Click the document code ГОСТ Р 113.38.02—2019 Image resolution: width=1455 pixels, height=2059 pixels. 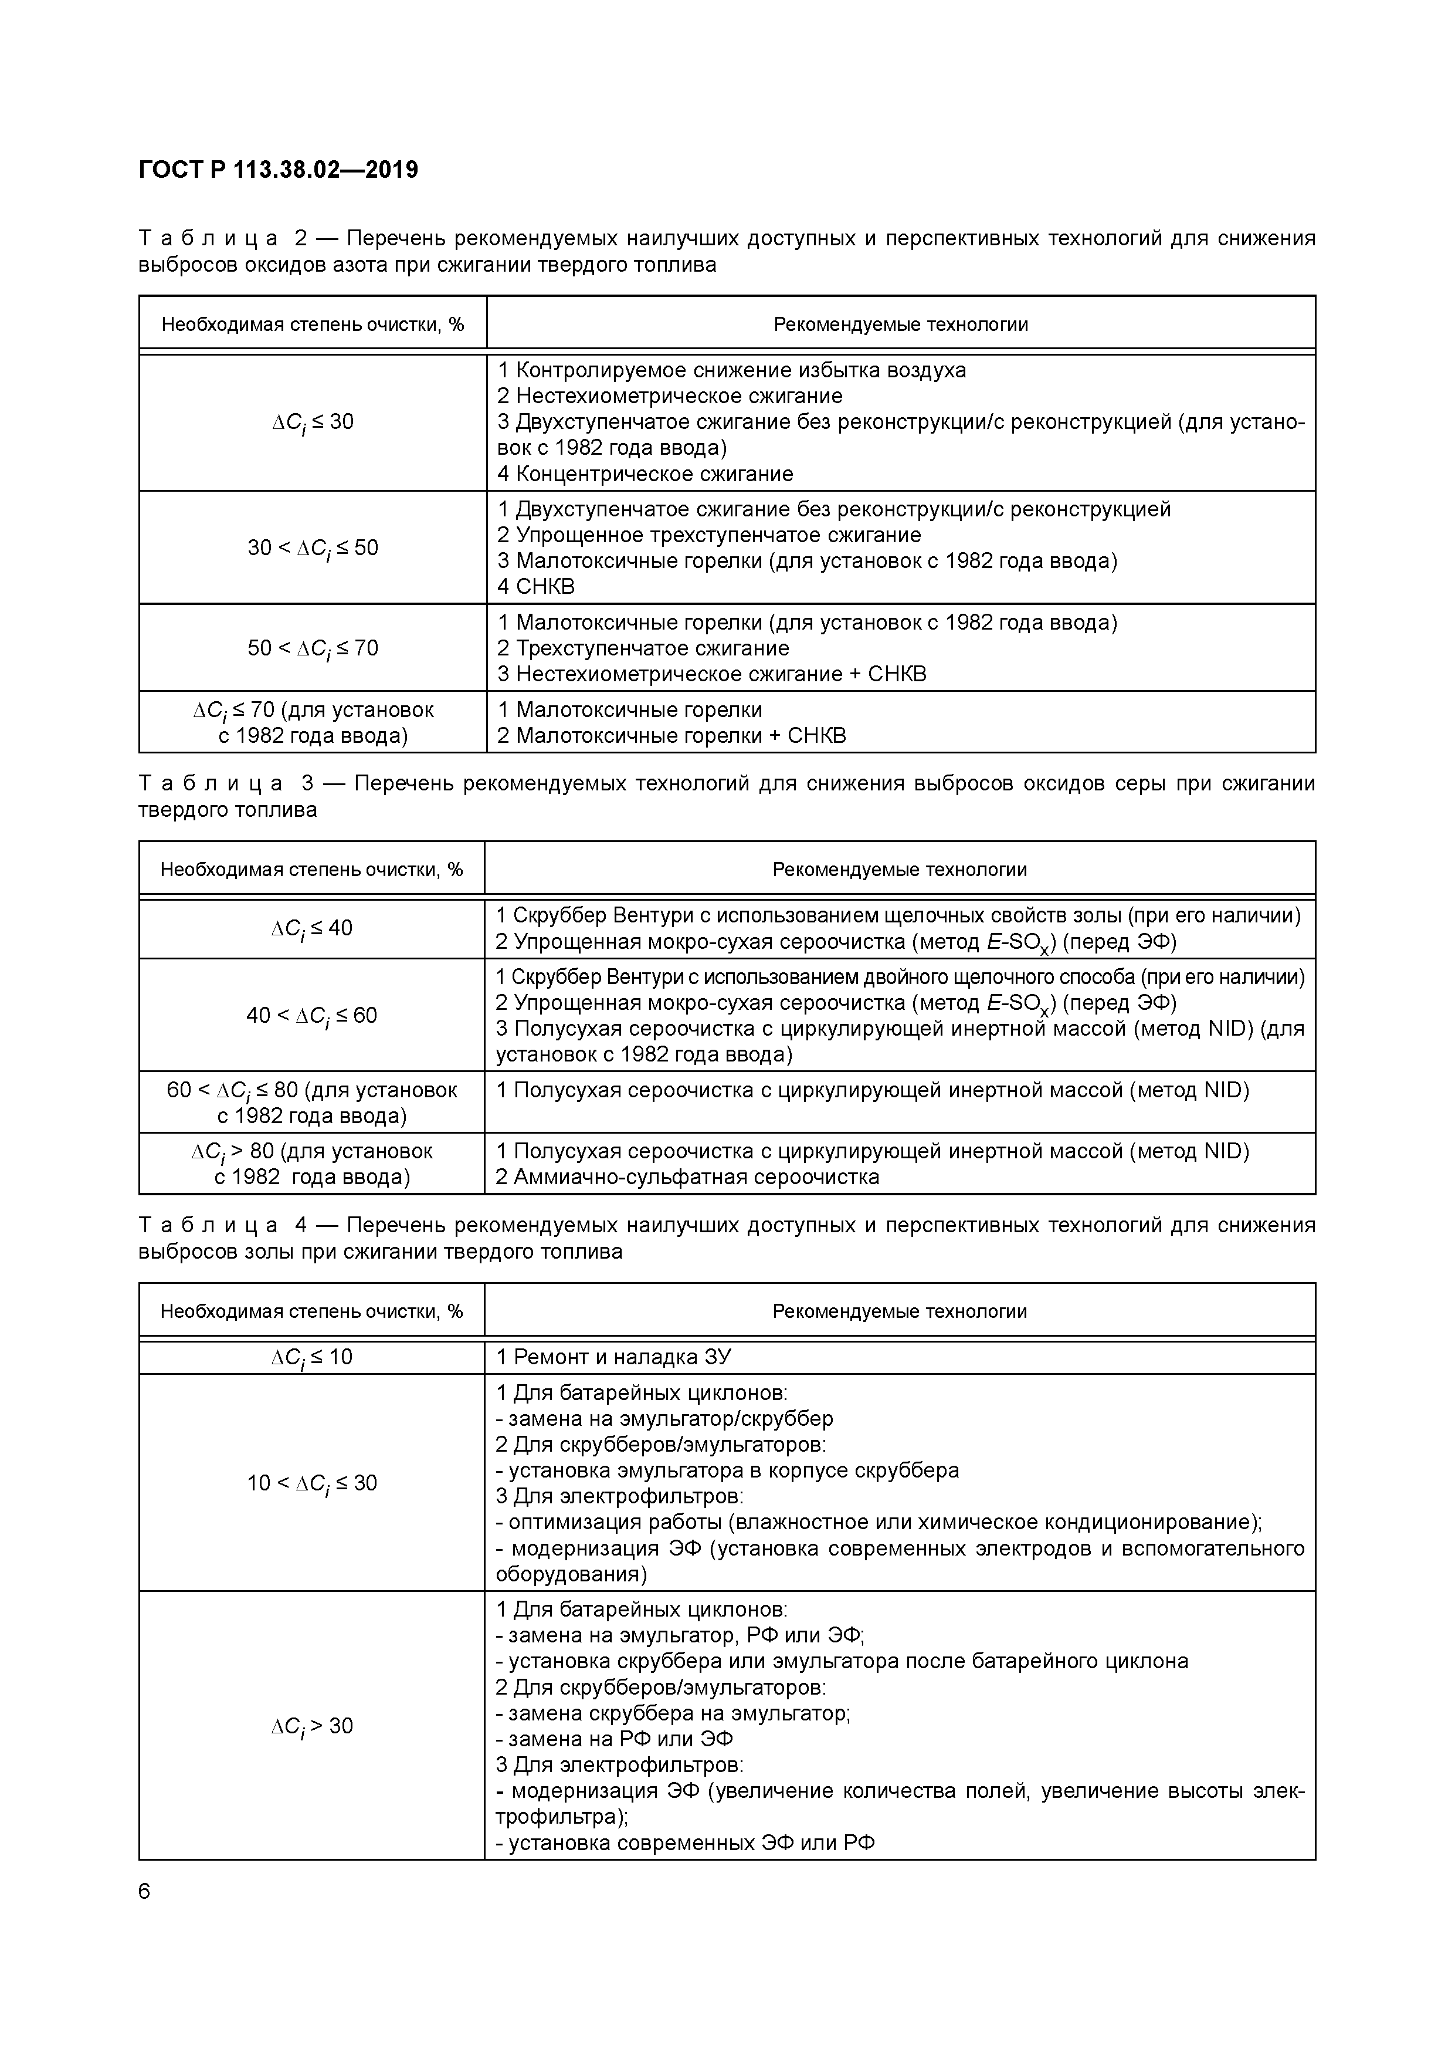[x=278, y=170]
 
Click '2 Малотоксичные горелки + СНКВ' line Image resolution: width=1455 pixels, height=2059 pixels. [x=671, y=736]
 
